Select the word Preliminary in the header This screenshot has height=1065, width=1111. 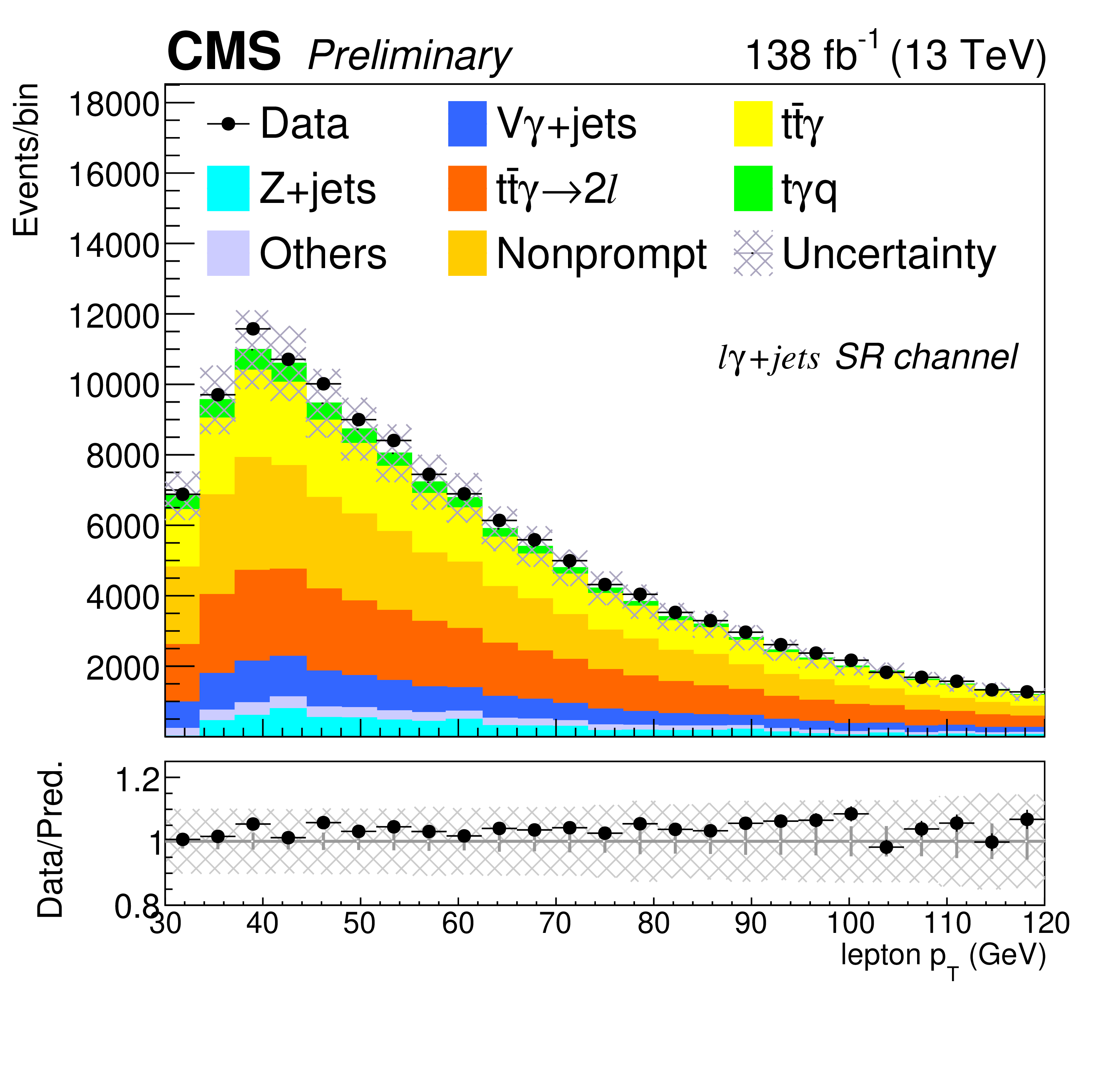tap(409, 57)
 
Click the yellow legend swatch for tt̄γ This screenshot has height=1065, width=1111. tap(753, 124)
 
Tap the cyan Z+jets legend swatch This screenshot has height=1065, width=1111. tap(228, 188)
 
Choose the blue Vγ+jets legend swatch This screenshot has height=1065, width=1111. tap(468, 124)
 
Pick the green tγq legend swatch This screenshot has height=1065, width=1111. tap(753, 188)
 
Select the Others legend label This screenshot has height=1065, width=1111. tap(323, 253)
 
